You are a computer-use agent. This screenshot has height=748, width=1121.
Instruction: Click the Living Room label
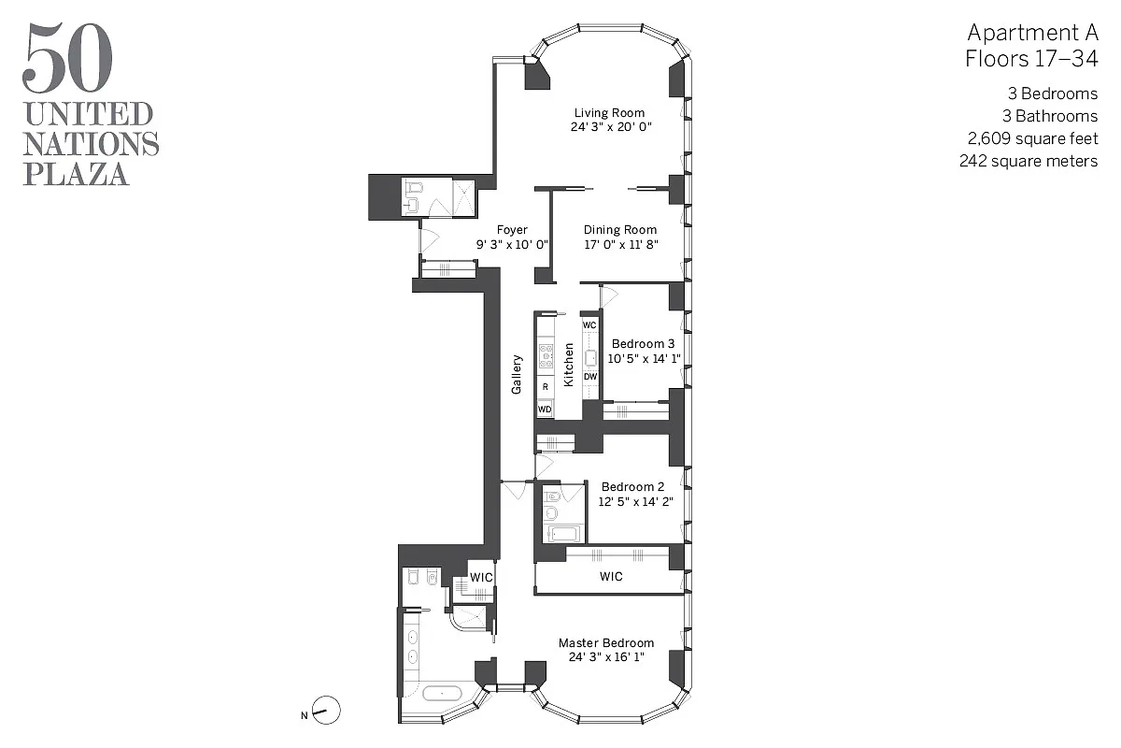[609, 113]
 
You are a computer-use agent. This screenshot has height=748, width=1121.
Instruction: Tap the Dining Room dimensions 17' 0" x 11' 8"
[620, 244]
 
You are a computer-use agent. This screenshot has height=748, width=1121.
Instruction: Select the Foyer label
[512, 230]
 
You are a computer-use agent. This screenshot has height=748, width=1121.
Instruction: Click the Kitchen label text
[568, 365]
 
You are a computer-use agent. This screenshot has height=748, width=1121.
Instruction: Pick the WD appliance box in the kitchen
[545, 409]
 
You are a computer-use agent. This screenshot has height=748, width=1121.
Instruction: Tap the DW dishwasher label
[589, 377]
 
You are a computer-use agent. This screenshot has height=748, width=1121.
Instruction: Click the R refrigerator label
[545, 385]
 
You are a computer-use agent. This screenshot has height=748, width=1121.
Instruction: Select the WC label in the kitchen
[589, 324]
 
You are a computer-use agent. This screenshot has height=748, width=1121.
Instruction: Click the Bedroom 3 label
[641, 344]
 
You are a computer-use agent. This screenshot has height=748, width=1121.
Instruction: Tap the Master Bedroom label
[606, 643]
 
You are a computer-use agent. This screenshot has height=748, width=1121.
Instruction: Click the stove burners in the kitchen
[545, 355]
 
